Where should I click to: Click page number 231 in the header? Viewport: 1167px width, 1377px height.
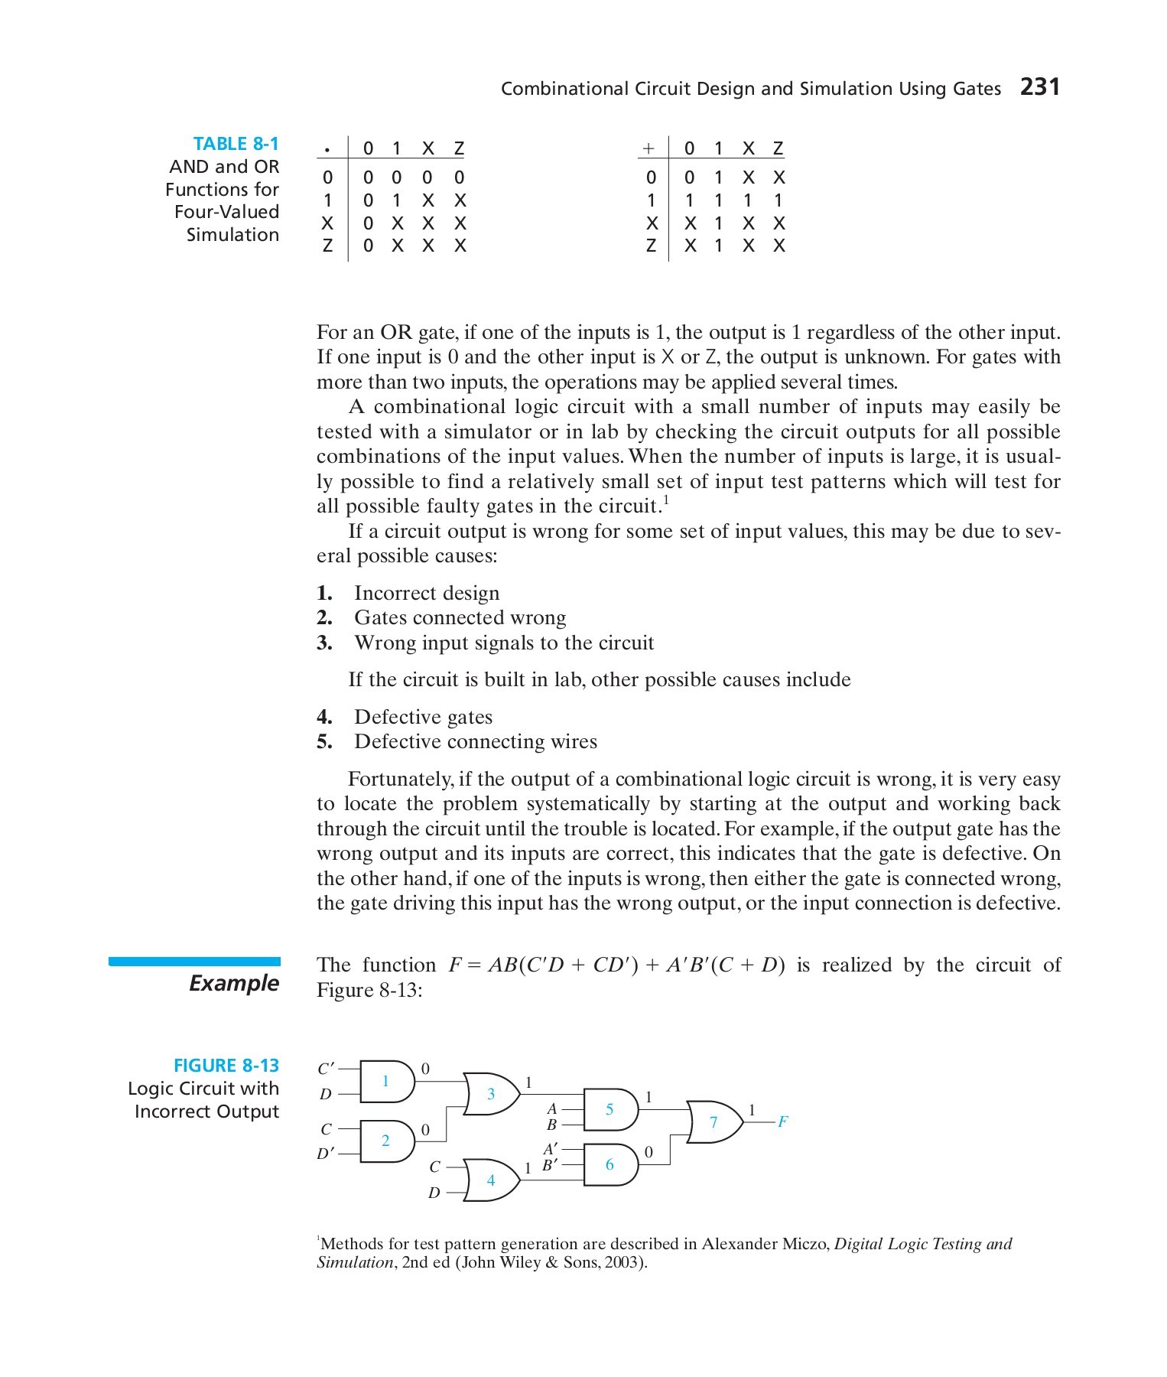[1040, 87]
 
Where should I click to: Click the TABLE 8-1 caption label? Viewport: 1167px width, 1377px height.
[236, 144]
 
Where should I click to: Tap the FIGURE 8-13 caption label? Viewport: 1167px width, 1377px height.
[226, 1066]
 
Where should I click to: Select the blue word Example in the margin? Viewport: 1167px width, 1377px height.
[234, 983]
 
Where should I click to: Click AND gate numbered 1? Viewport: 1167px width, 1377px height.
[386, 1081]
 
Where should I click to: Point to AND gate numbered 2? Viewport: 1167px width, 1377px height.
[386, 1141]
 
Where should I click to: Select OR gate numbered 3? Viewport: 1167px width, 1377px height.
[492, 1094]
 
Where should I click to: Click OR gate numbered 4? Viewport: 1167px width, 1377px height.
[491, 1180]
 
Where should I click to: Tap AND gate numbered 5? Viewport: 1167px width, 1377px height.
[610, 1109]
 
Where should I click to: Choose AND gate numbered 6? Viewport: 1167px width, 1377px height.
[610, 1164]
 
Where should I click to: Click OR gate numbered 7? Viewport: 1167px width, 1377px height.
[714, 1122]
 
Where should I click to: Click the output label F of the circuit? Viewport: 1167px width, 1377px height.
[782, 1122]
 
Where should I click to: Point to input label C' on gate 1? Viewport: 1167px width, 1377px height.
[326, 1068]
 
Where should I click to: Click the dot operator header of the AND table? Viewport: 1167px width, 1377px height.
[327, 148]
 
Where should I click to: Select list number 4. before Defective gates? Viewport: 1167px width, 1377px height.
[324, 718]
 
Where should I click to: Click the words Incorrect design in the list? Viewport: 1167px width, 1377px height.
[426, 594]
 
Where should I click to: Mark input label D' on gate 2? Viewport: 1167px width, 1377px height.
[326, 1153]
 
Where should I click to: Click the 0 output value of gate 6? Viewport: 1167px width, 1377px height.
[649, 1151]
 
